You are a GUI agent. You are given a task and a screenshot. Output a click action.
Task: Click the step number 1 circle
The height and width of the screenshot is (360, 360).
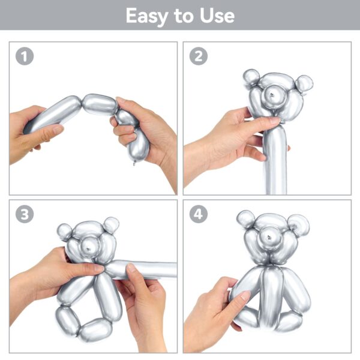click(x=25, y=56)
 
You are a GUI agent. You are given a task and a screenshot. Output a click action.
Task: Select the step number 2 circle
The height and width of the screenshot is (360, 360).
click(x=199, y=56)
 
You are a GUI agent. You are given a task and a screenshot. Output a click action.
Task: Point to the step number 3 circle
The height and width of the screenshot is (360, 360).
click(x=25, y=214)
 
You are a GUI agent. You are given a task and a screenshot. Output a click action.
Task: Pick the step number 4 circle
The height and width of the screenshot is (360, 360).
click(x=199, y=214)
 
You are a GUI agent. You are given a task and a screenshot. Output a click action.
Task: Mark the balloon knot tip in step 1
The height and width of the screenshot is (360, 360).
click(x=134, y=163)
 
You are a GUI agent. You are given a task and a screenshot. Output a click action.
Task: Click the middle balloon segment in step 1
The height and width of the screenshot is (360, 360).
click(x=100, y=104)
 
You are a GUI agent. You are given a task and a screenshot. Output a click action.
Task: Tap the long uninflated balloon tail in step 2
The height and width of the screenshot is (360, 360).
click(x=275, y=161)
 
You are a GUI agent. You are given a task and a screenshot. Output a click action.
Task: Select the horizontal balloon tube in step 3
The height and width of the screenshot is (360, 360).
click(x=140, y=270)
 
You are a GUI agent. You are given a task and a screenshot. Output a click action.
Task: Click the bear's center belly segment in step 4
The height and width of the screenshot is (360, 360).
click(x=272, y=296)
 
